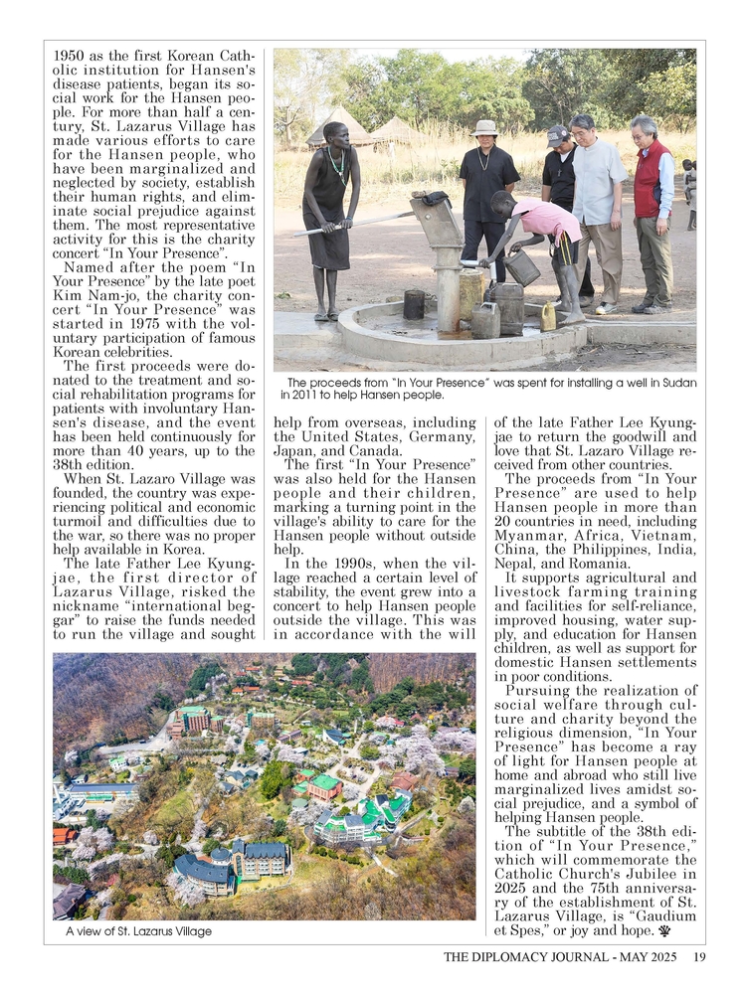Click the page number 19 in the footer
(x=700, y=957)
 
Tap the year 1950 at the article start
(x=70, y=57)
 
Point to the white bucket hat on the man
(x=486, y=127)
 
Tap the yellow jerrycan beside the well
(x=548, y=316)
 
